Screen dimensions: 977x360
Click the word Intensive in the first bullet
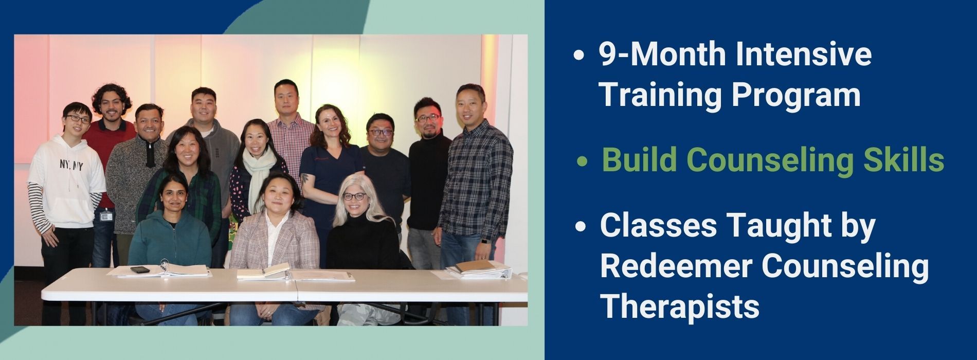click(x=803, y=54)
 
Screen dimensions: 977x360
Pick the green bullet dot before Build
click(x=582, y=161)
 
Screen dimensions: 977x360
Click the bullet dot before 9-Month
click(x=580, y=55)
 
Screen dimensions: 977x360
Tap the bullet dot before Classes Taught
click(x=581, y=227)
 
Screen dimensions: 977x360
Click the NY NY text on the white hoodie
click(x=71, y=166)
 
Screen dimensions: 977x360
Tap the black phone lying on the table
click(x=139, y=269)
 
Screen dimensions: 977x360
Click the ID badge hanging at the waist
click(x=106, y=216)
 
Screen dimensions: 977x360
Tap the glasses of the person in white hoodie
click(x=78, y=119)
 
